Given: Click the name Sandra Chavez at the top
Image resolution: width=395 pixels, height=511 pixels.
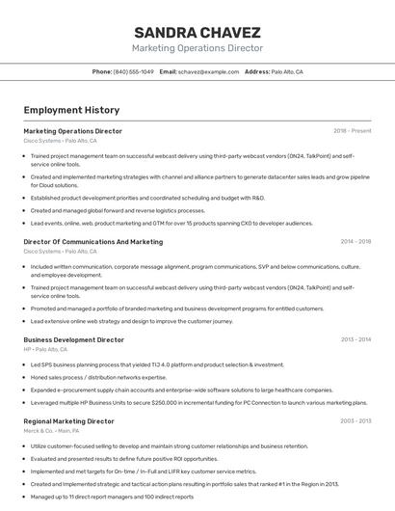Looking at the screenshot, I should pos(197,31).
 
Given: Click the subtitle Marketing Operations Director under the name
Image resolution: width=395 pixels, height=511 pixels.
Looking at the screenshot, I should pos(197,48).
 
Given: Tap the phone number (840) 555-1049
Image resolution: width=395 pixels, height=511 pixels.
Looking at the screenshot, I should pos(133,72).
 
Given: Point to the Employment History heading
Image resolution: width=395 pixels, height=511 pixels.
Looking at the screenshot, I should pos(71,110).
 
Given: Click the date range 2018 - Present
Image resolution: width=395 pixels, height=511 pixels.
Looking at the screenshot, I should pos(353,130).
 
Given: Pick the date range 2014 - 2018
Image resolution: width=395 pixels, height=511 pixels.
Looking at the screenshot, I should pos(356,242).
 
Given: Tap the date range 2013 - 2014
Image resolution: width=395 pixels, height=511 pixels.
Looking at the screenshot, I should pos(356,339).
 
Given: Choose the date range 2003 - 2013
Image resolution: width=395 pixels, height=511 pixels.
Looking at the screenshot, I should pos(356,421).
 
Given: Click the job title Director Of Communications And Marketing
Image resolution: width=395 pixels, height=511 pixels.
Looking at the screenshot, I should pos(92,242).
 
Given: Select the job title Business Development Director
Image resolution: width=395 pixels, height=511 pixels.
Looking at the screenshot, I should pos(73,339).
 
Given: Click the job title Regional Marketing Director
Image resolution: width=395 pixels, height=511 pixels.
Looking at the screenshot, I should pos(68,421).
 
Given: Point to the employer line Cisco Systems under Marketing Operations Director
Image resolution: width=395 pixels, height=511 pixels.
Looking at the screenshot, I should pos(60,141).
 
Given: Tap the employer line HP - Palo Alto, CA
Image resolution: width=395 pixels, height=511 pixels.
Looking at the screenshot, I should pos(45,349).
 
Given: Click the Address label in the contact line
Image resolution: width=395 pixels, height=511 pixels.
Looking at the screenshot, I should pos(257,72).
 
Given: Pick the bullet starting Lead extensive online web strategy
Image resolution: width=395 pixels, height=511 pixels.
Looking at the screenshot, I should pos(131,321).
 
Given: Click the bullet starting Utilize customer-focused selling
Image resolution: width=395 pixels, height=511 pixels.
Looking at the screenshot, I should pos(169,446).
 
